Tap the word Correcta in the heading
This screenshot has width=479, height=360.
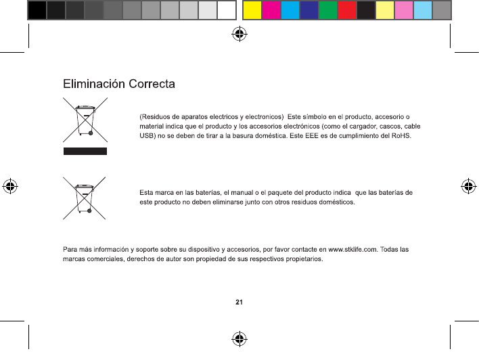(x=152, y=85)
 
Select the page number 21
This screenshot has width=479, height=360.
(x=239, y=302)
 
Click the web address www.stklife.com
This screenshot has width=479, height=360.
(x=352, y=250)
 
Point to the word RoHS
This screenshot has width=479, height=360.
(x=398, y=136)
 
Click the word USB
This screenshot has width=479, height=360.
(x=147, y=136)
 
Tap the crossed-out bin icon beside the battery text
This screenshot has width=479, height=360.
(x=85, y=197)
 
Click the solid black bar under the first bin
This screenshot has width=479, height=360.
(x=85, y=151)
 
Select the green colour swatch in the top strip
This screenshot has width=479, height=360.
(x=327, y=9)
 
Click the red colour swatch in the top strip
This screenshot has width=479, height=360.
(x=346, y=9)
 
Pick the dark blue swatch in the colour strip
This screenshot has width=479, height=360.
(x=309, y=9)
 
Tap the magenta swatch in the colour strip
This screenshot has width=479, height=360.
(x=271, y=9)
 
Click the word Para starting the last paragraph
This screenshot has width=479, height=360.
(x=70, y=250)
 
